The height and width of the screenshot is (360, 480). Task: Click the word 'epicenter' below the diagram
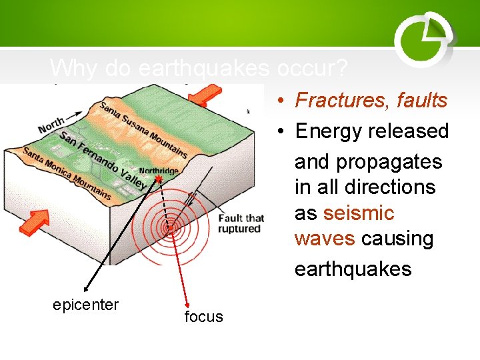[x=85, y=305]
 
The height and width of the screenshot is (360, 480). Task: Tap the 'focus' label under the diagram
[x=203, y=317]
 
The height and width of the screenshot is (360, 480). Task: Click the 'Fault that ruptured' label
[x=241, y=223]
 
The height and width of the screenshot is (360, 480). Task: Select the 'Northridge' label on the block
[x=158, y=171]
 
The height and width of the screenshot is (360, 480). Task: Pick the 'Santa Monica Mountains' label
[x=67, y=173]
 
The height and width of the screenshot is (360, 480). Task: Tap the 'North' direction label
[x=52, y=125]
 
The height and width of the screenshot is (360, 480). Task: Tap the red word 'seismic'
[x=359, y=213]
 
